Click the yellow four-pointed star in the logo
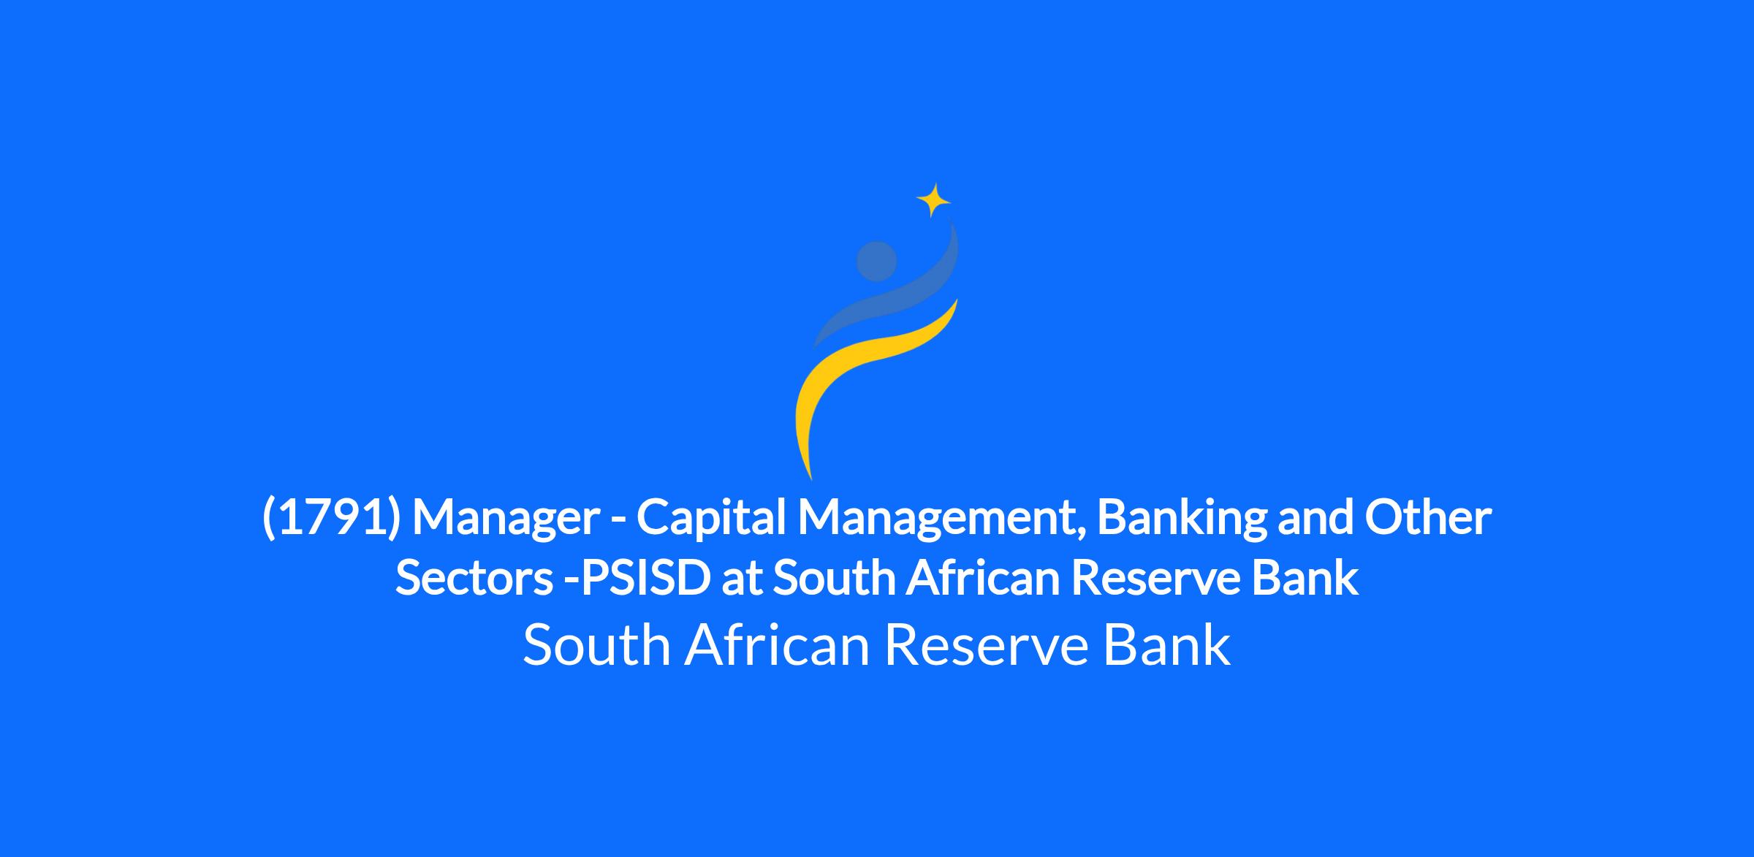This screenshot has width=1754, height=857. click(x=933, y=199)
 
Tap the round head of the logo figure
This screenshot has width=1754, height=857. click(x=876, y=262)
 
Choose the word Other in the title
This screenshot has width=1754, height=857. click(x=1428, y=517)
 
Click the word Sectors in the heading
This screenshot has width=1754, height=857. click(x=474, y=579)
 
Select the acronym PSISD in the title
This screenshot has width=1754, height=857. click(x=641, y=579)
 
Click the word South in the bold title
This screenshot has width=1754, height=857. click(x=834, y=579)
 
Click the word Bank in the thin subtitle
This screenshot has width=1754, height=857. click(x=1166, y=645)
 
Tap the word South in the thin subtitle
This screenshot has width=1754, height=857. click(x=597, y=645)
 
